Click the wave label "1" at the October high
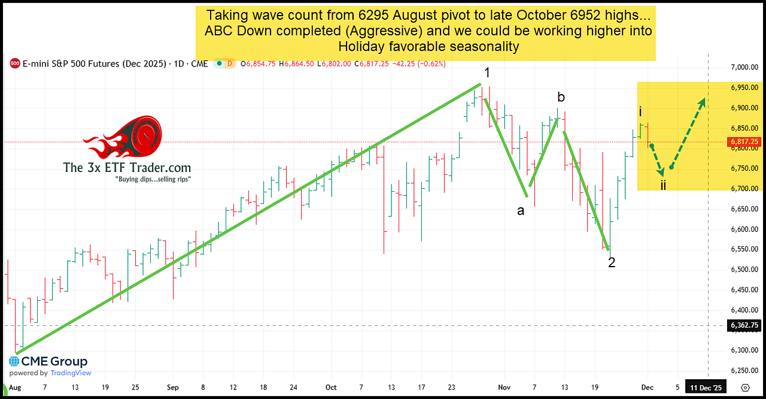(x=487, y=73)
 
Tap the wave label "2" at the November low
(x=612, y=262)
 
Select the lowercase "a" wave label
(x=521, y=211)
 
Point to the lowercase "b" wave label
(x=561, y=97)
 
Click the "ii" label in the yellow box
(x=664, y=185)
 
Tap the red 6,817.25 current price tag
(x=744, y=141)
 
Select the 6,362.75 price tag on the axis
(x=744, y=325)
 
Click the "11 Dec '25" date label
(x=707, y=388)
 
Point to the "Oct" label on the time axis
(x=331, y=388)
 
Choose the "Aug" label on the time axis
(x=16, y=388)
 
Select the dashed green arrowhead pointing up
(x=701, y=102)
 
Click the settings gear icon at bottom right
(x=745, y=388)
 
